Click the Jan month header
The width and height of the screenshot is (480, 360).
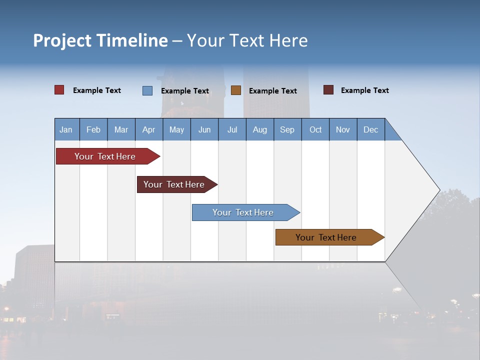(66, 129)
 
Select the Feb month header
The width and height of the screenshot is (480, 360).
(93, 129)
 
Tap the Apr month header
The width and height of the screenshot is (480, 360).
(148, 129)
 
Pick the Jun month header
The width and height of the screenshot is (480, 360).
(204, 129)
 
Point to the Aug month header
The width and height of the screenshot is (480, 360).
(259, 129)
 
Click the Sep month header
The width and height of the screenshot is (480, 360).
(287, 129)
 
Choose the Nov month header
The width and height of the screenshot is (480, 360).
(343, 129)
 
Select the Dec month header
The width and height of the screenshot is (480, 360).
(370, 129)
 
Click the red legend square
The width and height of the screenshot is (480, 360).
(59, 90)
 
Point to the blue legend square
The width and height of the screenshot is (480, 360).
(147, 90)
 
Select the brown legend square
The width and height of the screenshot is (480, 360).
(236, 90)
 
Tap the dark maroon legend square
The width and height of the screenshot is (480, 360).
(328, 90)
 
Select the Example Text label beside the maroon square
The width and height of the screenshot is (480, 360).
(364, 90)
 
